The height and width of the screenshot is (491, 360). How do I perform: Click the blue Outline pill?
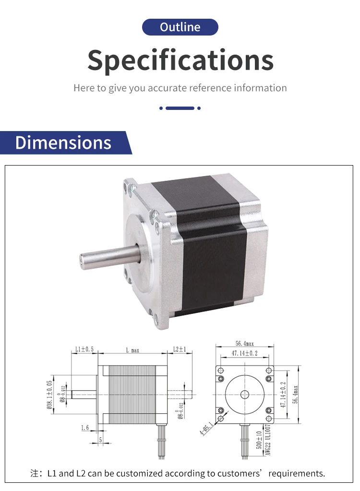[180, 27]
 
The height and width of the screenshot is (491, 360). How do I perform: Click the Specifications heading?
[180, 60]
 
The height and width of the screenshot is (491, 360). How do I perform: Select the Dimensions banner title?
[63, 143]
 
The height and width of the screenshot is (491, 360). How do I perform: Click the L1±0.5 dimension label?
[84, 349]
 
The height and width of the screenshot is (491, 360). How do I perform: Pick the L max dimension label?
[132, 350]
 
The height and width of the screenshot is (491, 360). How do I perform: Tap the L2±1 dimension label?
[180, 349]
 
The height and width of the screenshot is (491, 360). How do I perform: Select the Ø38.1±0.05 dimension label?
[49, 395]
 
